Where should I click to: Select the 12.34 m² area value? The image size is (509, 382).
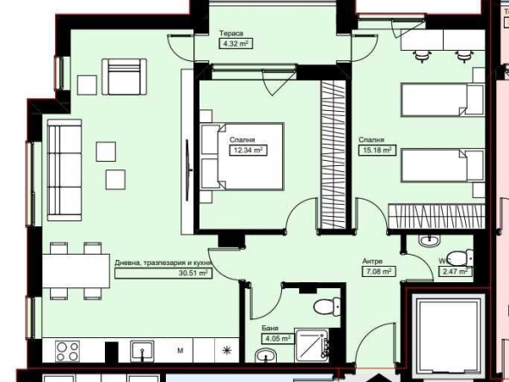(x=246, y=149)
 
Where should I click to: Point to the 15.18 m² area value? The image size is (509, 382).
(x=376, y=149)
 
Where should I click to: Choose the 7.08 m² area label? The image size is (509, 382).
(x=377, y=271)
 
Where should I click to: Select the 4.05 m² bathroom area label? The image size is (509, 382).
(x=274, y=338)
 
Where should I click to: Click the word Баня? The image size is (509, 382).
(x=270, y=329)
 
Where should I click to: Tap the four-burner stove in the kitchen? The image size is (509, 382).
(x=67, y=351)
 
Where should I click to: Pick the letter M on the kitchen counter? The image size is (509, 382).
(x=181, y=351)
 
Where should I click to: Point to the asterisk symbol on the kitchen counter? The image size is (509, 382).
(x=226, y=350)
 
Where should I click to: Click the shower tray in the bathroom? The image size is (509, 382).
(x=313, y=345)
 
